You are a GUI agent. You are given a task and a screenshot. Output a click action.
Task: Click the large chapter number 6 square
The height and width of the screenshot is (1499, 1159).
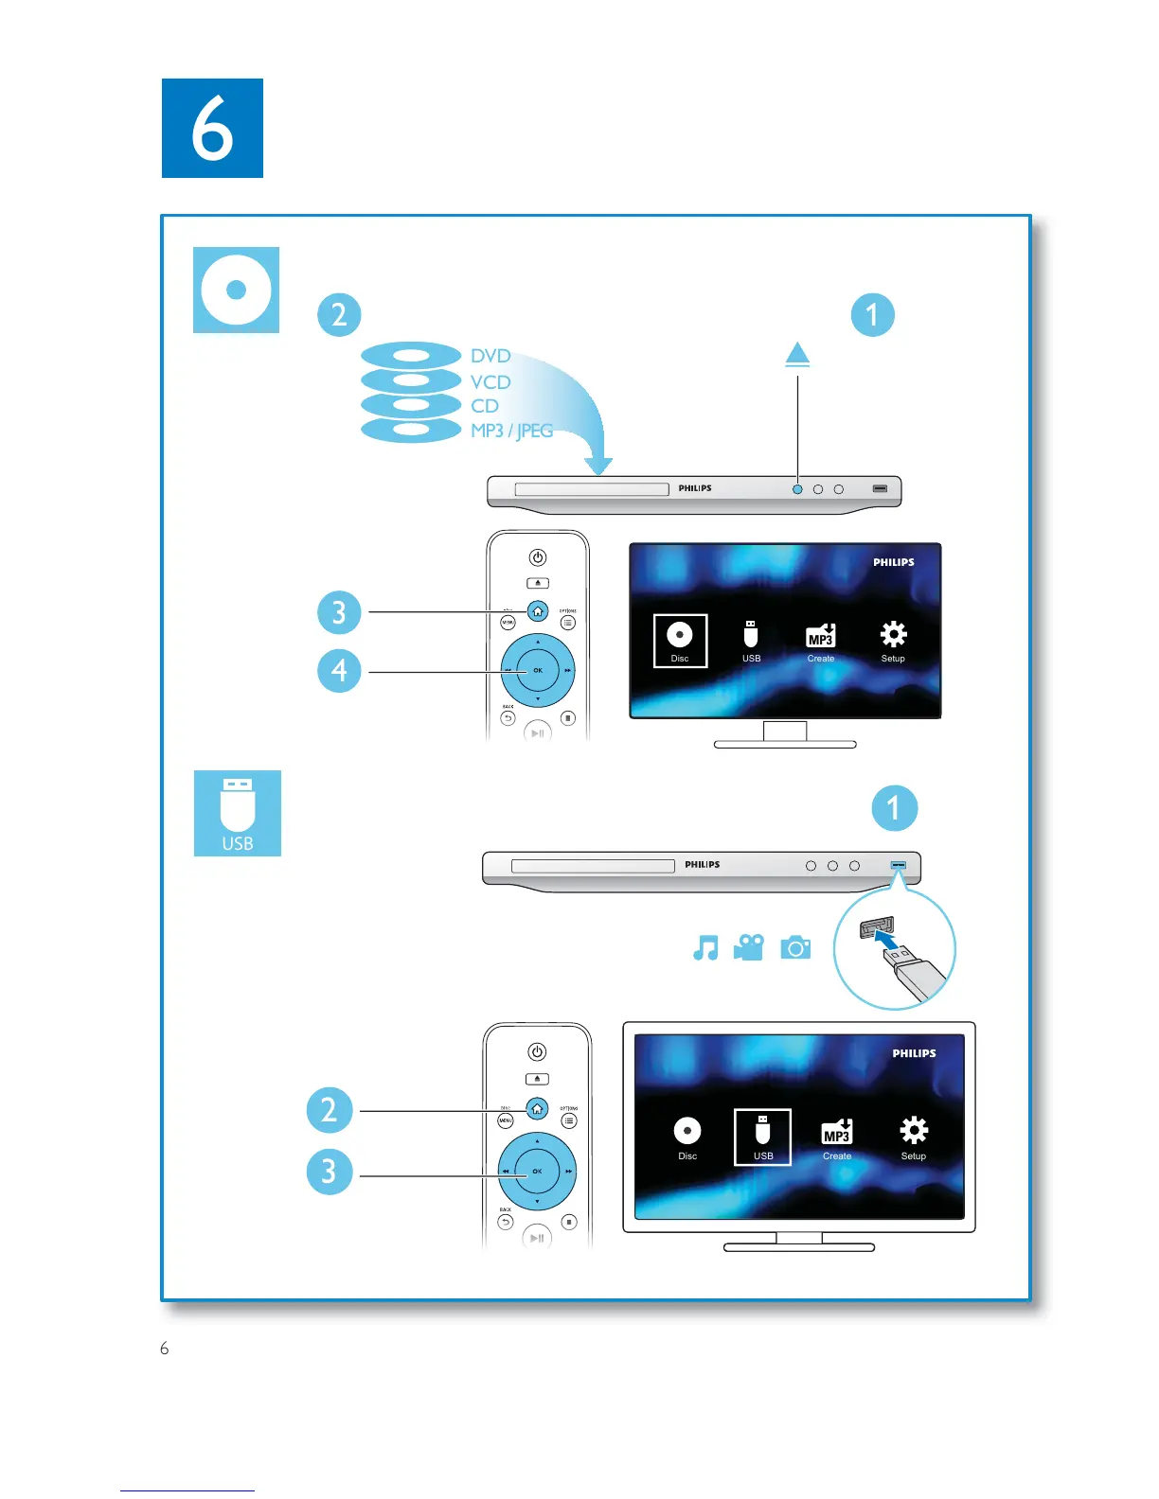pyautogui.click(x=212, y=128)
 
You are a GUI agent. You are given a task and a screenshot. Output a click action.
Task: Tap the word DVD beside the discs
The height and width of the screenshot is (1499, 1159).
pyautogui.click(x=490, y=356)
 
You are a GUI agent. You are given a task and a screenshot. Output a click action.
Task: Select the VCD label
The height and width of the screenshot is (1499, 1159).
pyautogui.click(x=490, y=381)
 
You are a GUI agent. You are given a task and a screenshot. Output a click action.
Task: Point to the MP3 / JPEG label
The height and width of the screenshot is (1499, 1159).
pyautogui.click(x=511, y=431)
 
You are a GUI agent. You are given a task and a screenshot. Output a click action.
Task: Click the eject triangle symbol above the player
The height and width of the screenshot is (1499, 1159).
pyautogui.click(x=797, y=354)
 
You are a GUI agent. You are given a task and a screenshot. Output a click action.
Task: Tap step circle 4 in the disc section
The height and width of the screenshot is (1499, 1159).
pyautogui.click(x=339, y=671)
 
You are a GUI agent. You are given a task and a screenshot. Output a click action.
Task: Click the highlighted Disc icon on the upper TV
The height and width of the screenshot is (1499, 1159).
pyautogui.click(x=680, y=640)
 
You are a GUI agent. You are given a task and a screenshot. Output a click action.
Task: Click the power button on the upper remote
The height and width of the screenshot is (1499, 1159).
pyautogui.click(x=538, y=557)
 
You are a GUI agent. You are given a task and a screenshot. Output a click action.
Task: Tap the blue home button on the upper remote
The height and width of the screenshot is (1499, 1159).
pyautogui.click(x=538, y=611)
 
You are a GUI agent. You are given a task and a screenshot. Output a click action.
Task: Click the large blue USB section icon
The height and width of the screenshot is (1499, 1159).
pyautogui.click(x=238, y=813)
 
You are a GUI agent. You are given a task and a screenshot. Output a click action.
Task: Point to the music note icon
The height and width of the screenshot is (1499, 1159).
pyautogui.click(x=705, y=947)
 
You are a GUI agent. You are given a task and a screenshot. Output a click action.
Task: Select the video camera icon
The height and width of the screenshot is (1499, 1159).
pyautogui.click(x=749, y=947)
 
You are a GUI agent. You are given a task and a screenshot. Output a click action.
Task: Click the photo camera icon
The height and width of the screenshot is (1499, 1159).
pyautogui.click(x=795, y=947)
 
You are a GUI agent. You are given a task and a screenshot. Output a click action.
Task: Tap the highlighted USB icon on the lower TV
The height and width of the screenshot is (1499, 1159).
pyautogui.click(x=762, y=1136)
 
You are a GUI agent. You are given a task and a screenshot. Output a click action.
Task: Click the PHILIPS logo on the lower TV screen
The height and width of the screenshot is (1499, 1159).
pyautogui.click(x=914, y=1053)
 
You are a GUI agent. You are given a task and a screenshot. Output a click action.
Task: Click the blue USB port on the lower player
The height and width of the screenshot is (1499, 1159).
pyautogui.click(x=899, y=865)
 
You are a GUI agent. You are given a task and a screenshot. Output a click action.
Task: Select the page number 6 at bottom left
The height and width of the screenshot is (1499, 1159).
pyautogui.click(x=165, y=1349)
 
